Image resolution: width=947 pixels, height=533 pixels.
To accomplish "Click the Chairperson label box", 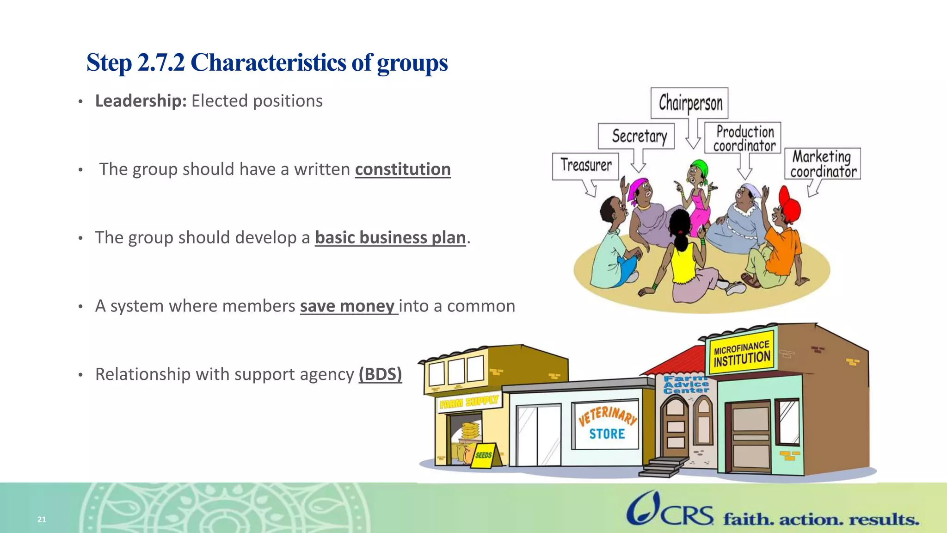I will click(x=689, y=103).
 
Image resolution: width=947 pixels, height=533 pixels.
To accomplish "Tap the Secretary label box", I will click(x=636, y=136).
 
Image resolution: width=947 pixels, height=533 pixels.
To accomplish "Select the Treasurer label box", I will click(x=585, y=166).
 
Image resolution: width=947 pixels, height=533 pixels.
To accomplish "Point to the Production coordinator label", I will click(x=743, y=138).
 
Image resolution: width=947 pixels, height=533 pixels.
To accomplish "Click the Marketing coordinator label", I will click(x=822, y=164).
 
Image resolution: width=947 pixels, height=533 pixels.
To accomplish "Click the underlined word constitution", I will click(x=402, y=169).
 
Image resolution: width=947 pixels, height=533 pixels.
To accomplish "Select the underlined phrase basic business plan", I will click(x=390, y=238).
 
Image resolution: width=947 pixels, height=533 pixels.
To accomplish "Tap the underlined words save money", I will click(x=348, y=306).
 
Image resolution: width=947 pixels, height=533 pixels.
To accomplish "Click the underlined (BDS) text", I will click(x=380, y=374).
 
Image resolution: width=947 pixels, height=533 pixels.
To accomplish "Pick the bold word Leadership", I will click(x=141, y=101).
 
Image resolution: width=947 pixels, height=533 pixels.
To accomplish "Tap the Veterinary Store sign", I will click(x=606, y=423).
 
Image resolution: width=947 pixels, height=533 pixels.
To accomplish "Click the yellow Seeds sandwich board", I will click(x=484, y=456).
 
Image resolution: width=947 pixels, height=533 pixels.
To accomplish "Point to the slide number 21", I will click(x=42, y=519).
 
